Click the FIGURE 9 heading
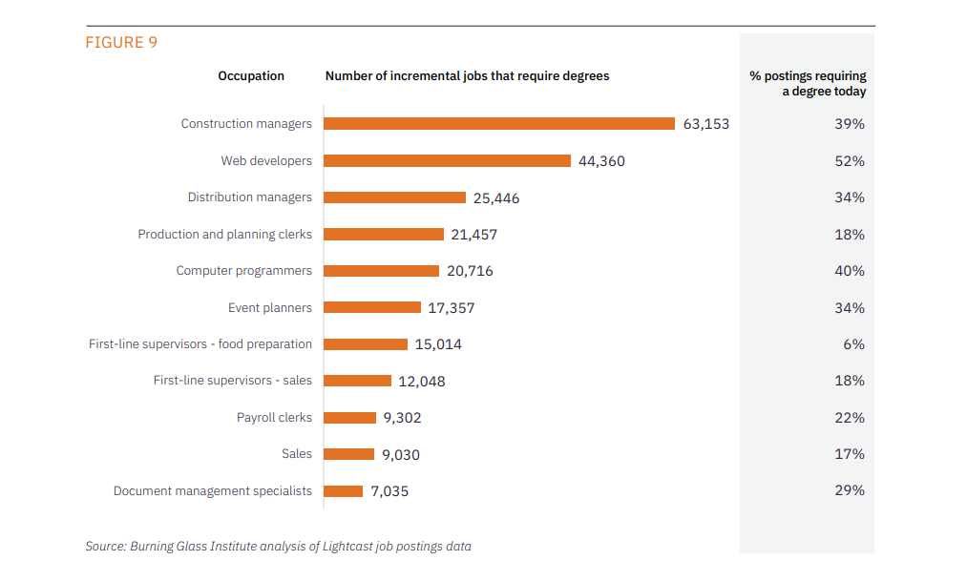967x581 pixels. point(121,42)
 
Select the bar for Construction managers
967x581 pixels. point(499,124)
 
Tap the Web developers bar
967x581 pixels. point(447,161)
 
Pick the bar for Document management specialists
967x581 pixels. point(344,491)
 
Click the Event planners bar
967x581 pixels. point(372,308)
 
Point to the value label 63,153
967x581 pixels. point(705,124)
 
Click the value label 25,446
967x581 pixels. point(496,198)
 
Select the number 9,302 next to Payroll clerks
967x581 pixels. point(402,418)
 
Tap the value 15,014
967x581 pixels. point(438,344)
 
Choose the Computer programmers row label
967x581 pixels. point(243,271)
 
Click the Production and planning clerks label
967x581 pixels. point(224,235)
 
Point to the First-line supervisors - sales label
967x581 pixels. point(232,381)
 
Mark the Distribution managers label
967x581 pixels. point(249,197)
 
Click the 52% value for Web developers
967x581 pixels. point(850,161)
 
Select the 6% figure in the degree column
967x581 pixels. point(853,344)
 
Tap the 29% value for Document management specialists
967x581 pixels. point(850,490)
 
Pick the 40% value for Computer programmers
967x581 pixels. point(850,271)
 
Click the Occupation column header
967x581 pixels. point(251,76)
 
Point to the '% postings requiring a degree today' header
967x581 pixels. point(809,84)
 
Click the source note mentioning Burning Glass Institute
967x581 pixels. point(278,547)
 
